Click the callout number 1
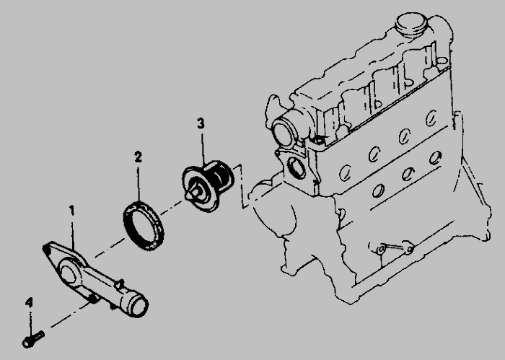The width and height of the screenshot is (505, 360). point(72,211)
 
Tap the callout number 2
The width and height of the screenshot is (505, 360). point(139,157)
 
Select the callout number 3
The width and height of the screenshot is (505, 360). point(201,123)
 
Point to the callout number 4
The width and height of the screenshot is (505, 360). point(29,303)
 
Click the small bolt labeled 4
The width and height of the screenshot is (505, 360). point(33,339)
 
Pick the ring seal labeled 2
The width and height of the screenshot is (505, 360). point(144,225)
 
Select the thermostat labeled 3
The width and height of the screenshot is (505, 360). point(208,186)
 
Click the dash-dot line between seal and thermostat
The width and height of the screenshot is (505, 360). point(172,208)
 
